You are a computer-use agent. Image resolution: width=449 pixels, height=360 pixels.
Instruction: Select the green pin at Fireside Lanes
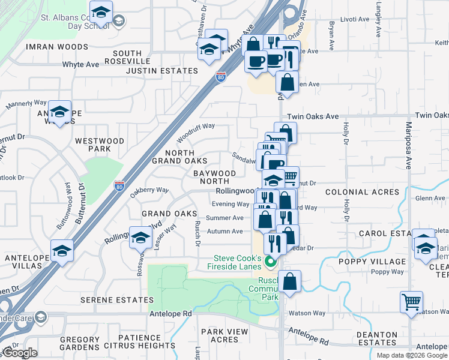click(270, 262)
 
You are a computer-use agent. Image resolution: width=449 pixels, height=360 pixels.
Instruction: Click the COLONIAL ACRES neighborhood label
click(362, 192)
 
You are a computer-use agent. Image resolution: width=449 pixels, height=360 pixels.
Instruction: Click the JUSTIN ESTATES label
click(161, 71)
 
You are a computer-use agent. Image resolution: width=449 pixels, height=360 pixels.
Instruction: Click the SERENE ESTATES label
click(122, 299)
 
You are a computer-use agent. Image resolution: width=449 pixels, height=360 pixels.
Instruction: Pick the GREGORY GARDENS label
click(80, 343)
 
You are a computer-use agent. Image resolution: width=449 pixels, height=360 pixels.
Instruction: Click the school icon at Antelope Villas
click(62, 250)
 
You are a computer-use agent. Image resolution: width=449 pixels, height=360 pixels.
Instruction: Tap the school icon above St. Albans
click(101, 11)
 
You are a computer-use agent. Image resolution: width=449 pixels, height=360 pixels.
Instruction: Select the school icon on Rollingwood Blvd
click(141, 237)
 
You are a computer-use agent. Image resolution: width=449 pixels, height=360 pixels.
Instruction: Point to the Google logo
click(19, 353)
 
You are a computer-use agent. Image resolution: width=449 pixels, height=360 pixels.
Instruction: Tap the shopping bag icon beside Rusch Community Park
click(289, 281)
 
